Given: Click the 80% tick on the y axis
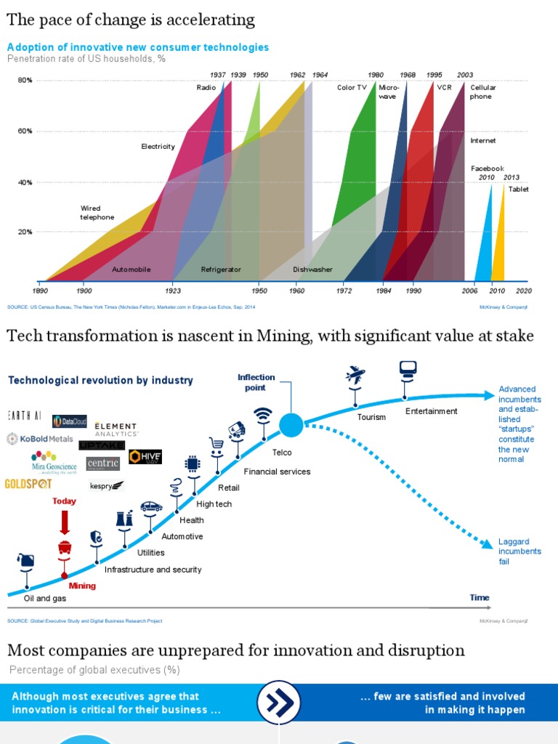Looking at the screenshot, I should click(25, 81).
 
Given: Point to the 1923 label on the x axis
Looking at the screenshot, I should click(172, 291).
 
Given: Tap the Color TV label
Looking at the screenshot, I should click(352, 88).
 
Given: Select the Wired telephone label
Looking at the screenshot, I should click(97, 212).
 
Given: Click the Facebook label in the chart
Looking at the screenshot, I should click(487, 169).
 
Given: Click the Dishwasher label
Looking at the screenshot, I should click(312, 270).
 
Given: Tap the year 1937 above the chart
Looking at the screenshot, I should click(217, 75).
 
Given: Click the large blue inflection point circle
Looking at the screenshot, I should click(291, 424).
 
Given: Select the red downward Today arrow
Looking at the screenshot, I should click(64, 522).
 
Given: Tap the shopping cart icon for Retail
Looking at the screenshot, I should click(216, 443).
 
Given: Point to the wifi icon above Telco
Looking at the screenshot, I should click(262, 415).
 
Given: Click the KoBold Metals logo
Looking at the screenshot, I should click(40, 439).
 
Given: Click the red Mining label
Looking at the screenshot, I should click(82, 586).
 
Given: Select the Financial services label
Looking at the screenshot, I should click(277, 472).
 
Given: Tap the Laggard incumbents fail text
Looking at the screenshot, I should click(519, 551).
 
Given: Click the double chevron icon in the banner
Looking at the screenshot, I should click(279, 703).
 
